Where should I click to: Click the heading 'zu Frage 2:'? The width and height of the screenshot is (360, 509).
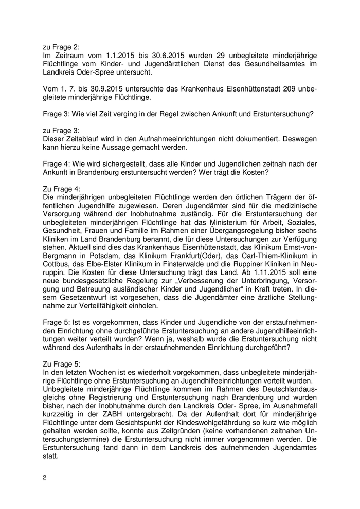pos(62,46)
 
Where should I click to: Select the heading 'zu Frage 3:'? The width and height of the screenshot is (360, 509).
pos(62,131)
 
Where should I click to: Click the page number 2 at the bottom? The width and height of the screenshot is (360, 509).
pos(45,478)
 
